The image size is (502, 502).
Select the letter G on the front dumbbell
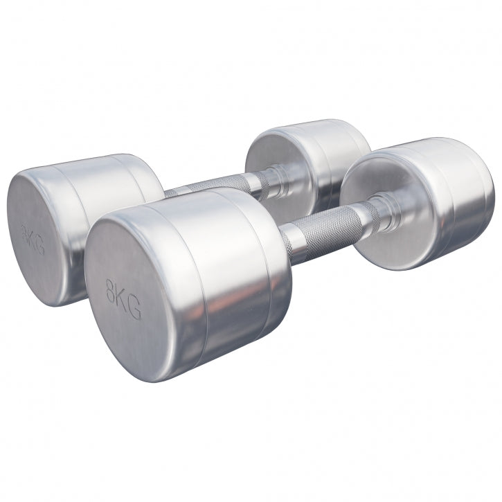pyautogui.click(x=134, y=310)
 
